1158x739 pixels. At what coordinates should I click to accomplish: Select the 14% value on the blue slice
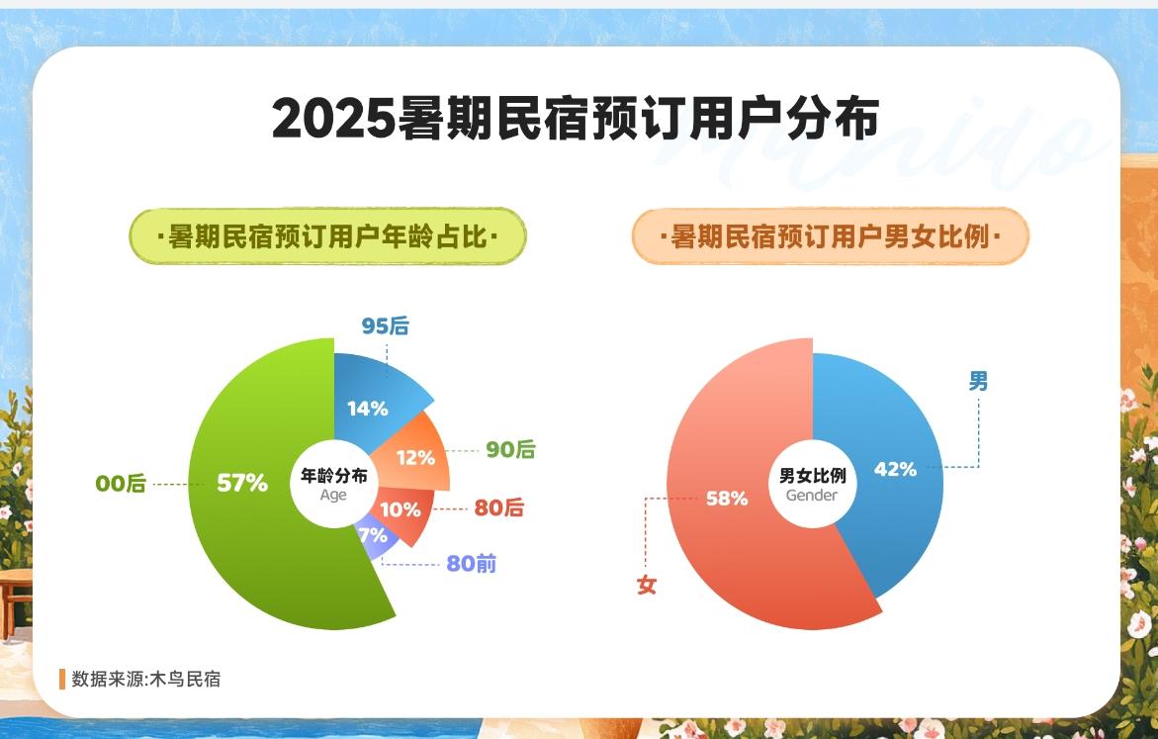(x=368, y=409)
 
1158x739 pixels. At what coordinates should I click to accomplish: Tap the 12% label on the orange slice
(x=415, y=458)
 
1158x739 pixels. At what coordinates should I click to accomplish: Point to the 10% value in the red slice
(x=401, y=509)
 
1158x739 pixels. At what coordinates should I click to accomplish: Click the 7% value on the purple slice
(x=373, y=534)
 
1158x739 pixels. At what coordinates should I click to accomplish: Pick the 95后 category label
(x=385, y=325)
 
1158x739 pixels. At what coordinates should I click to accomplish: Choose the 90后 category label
(x=510, y=449)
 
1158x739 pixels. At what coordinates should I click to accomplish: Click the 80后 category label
(x=499, y=508)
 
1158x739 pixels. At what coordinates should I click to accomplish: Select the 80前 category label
(x=471, y=564)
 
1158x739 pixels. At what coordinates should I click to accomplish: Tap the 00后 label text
(x=121, y=484)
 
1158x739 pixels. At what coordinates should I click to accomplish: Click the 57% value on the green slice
(x=242, y=484)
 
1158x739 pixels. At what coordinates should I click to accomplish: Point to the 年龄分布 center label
(x=334, y=476)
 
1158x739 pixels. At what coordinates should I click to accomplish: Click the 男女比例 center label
(x=812, y=476)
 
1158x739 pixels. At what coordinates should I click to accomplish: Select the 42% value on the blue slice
(x=895, y=469)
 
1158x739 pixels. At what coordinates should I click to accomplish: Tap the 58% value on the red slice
(x=727, y=499)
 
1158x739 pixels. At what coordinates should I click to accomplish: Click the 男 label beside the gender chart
(x=979, y=381)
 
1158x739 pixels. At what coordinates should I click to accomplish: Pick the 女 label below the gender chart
(x=647, y=586)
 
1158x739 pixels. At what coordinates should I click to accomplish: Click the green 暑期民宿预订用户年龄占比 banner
(x=328, y=236)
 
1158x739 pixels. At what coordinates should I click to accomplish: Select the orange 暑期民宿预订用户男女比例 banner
(x=831, y=236)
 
